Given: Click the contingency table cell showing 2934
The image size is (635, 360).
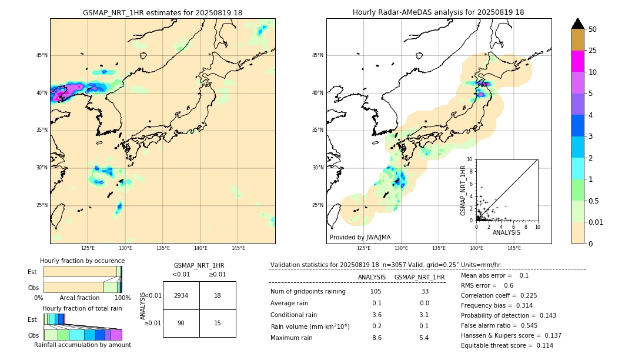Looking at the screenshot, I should [181, 295].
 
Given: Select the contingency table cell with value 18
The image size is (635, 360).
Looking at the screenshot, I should [218, 295].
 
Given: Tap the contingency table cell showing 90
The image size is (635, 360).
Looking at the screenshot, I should [181, 323].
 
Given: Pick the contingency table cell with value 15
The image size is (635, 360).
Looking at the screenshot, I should [218, 323].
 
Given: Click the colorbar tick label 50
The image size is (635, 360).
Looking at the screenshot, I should [593, 29].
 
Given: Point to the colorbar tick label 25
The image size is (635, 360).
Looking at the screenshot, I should [593, 51].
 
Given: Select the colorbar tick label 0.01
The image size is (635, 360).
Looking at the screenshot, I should [595, 222].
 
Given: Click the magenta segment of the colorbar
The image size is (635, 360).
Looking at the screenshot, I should [577, 61].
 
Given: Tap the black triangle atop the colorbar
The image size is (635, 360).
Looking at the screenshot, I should [577, 24].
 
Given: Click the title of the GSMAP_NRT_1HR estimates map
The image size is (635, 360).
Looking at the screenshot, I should [162, 12].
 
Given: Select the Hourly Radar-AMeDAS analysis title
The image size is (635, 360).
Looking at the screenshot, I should [439, 12].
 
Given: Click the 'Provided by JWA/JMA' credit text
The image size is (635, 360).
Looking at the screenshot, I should [360, 237].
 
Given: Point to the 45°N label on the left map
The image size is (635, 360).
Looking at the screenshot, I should [42, 55].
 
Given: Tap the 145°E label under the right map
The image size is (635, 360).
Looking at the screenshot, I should [514, 248].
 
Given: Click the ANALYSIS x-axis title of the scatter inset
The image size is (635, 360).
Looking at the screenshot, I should [506, 232].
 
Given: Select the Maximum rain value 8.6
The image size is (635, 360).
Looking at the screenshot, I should [376, 338].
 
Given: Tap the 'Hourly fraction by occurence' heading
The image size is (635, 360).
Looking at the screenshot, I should [82, 261].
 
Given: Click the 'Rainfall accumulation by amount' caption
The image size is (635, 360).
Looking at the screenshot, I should [82, 345].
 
